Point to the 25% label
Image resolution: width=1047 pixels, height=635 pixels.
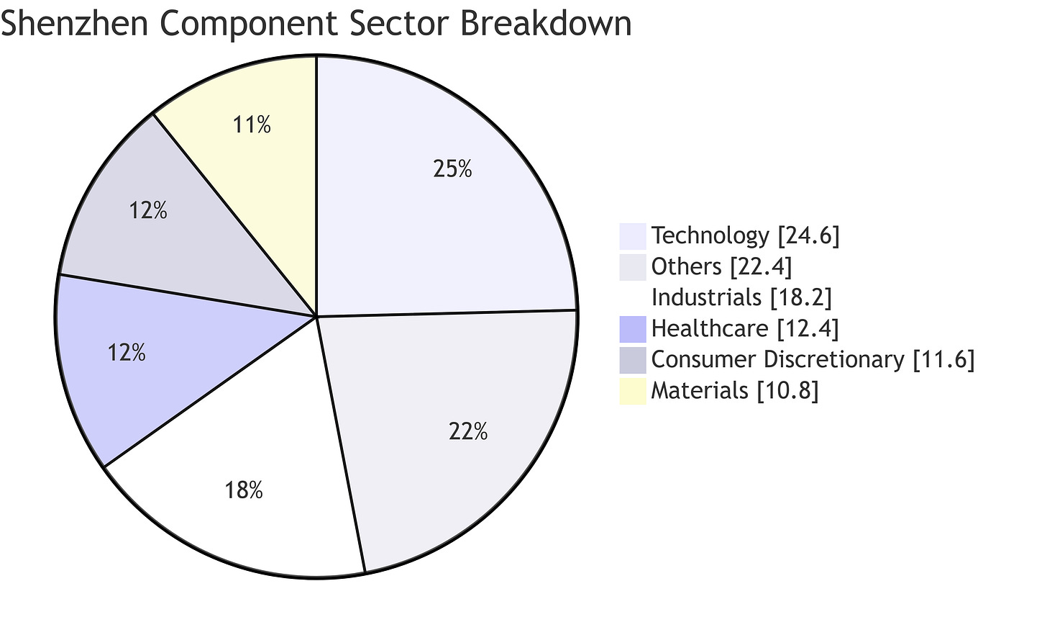point(452,169)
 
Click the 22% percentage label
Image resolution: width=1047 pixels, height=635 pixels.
point(467,432)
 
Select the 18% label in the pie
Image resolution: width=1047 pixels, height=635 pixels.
point(243,491)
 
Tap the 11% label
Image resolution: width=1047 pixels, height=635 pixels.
point(252,125)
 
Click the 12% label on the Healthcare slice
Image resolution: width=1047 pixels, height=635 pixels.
point(127,353)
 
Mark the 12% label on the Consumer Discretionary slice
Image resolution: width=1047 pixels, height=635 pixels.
point(148,211)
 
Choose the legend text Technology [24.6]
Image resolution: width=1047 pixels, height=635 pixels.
point(745,235)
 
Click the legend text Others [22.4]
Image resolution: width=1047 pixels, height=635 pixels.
point(721,266)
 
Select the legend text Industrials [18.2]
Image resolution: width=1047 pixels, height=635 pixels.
point(741,297)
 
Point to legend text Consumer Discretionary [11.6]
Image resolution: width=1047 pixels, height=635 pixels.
point(813,359)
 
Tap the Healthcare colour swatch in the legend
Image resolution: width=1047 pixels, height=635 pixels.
point(633,329)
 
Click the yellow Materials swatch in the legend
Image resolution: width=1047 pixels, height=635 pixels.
point(633,391)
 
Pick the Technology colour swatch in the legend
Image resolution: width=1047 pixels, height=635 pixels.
point(633,236)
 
